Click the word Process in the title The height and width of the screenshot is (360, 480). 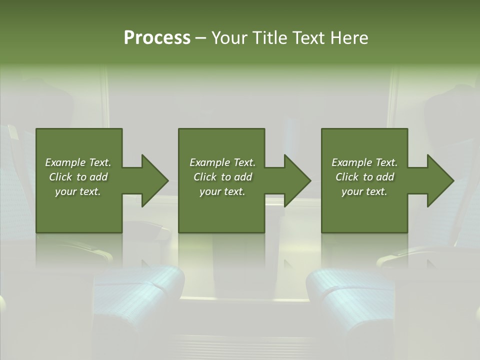[x=157, y=38]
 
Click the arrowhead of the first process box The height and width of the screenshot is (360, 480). [x=155, y=180]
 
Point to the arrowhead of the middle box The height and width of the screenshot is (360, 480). [x=298, y=180]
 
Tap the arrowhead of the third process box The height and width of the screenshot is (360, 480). [x=440, y=180]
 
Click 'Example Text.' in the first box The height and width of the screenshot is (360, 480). [x=78, y=162]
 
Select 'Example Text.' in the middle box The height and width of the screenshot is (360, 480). [x=222, y=162]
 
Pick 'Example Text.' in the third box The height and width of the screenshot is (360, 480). [x=364, y=162]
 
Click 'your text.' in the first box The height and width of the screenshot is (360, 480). [x=78, y=191]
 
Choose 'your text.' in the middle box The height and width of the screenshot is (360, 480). [x=222, y=191]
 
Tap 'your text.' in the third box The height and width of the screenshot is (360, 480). [x=364, y=191]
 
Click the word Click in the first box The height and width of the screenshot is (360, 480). [x=61, y=177]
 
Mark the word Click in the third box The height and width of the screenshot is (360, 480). [x=347, y=177]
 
